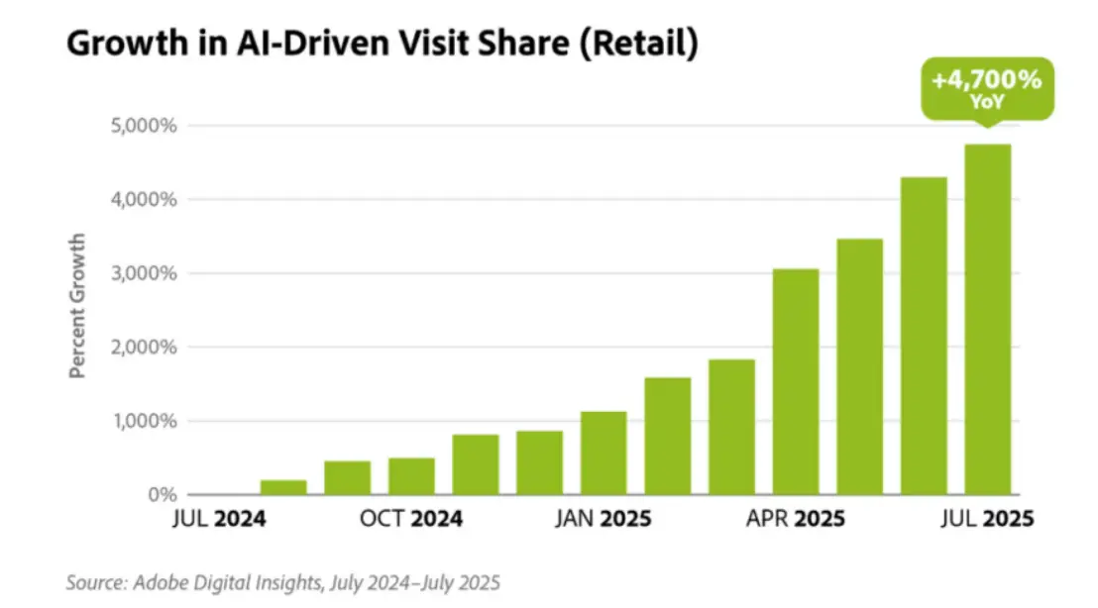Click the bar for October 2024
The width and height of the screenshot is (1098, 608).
pos(411,476)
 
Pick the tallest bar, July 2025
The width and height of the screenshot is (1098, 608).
pos(987,319)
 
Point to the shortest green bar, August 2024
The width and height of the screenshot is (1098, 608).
pos(283,487)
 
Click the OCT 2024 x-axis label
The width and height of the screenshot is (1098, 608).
pos(411,519)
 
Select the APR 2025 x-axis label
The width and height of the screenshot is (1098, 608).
pos(796,519)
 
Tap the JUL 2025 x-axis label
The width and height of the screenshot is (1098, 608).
pos(986,519)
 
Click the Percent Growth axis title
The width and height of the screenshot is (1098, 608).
pos(77,305)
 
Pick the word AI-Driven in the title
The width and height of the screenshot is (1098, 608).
pos(289,46)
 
